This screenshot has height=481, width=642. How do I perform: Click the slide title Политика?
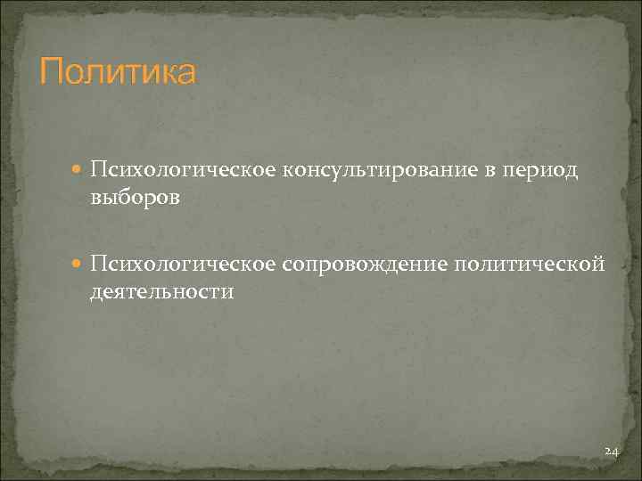(117, 71)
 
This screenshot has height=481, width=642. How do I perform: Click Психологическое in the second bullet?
(183, 264)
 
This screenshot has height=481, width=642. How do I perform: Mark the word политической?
(530, 264)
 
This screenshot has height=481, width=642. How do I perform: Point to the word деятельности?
(161, 290)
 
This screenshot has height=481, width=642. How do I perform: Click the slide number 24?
(611, 452)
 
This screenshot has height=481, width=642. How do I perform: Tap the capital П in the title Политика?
(51, 71)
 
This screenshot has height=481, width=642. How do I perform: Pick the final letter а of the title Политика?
(184, 73)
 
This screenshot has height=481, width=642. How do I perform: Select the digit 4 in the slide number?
(614, 452)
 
